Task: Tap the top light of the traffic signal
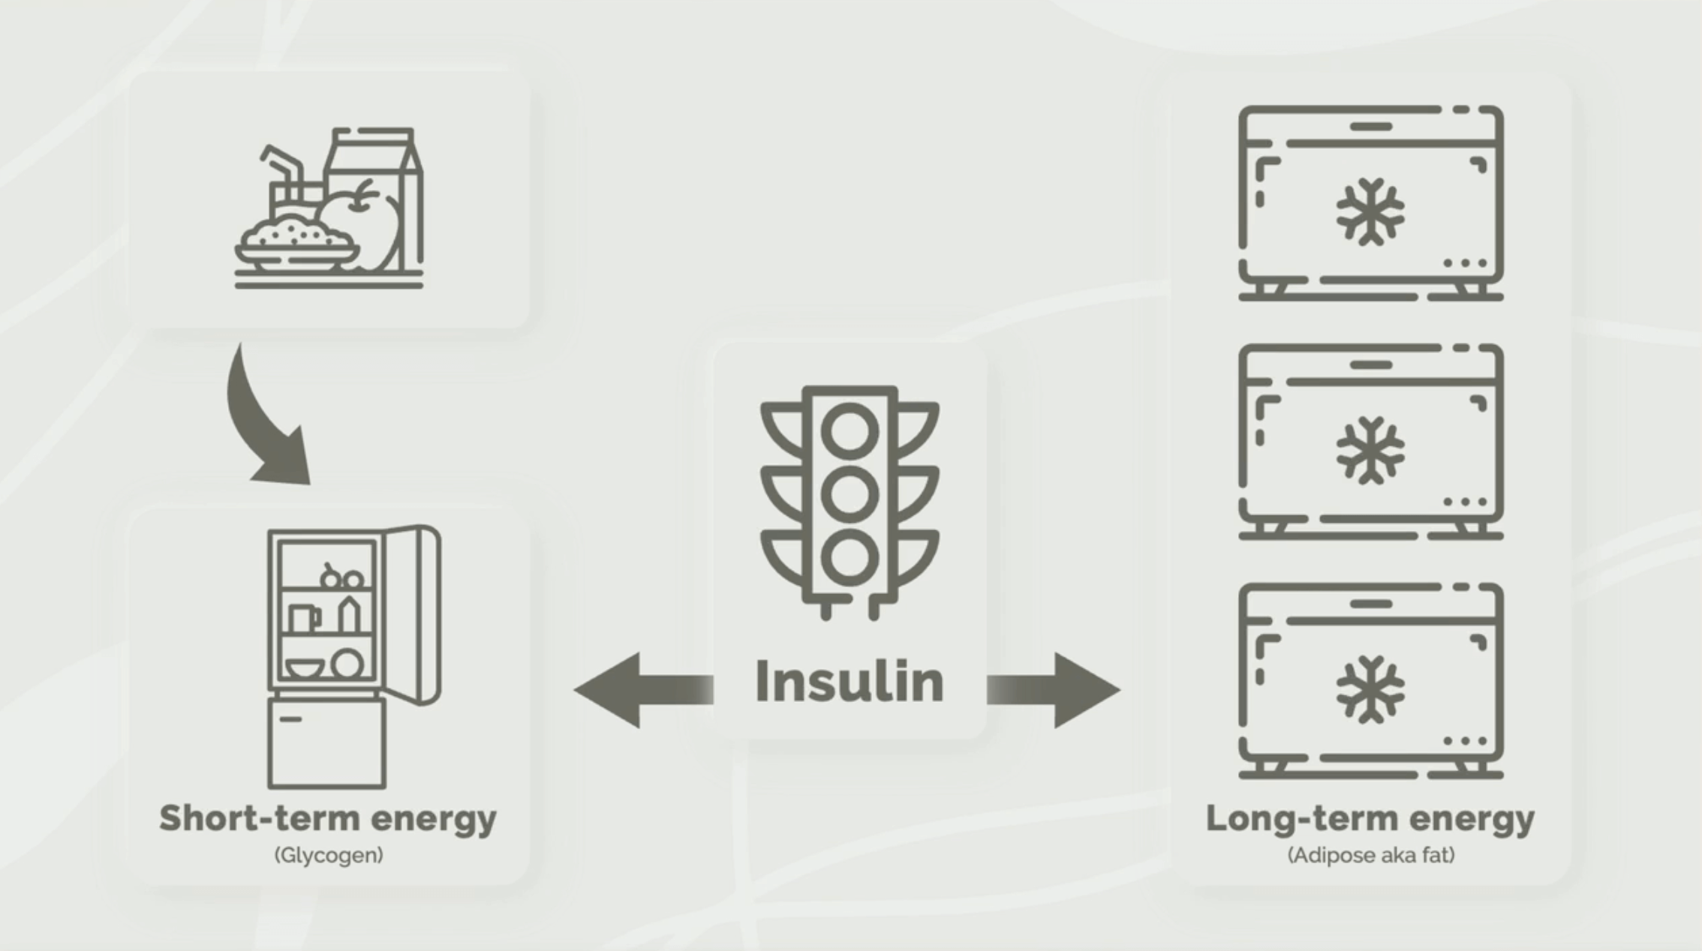click(849, 431)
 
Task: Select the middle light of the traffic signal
click(849, 494)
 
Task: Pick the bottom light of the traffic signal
click(849, 557)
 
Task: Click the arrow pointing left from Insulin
click(638, 690)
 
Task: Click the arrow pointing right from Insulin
click(1058, 690)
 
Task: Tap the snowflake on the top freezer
click(1370, 211)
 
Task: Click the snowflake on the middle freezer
click(1370, 450)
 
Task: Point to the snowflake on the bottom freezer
click(1370, 689)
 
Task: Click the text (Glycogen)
click(329, 855)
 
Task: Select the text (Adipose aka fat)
click(1371, 855)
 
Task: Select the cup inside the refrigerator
click(302, 619)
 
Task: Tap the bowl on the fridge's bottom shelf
click(305, 667)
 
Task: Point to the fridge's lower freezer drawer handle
click(290, 719)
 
